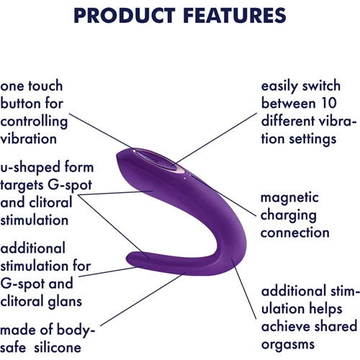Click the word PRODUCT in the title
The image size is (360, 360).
(125, 16)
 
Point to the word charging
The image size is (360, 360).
(289, 215)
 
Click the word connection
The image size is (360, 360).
(295, 232)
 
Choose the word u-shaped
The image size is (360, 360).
(32, 167)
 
